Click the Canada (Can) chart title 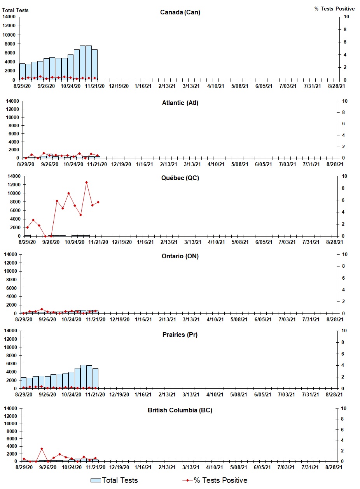pyautogui.click(x=180, y=12)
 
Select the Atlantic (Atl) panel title pyautogui.click(x=180, y=103)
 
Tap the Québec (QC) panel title pyautogui.click(x=180, y=178)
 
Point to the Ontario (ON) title pyautogui.click(x=180, y=256)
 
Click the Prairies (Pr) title pyautogui.click(x=180, y=335)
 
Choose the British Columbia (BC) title pyautogui.click(x=180, y=410)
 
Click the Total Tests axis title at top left pyautogui.click(x=15, y=10)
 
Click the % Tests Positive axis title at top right pyautogui.click(x=334, y=9)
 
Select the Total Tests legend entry pyautogui.click(x=114, y=480)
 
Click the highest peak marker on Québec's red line pyautogui.click(x=86, y=182)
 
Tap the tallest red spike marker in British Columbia pyautogui.click(x=42, y=449)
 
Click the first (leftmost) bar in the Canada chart pyautogui.click(x=22, y=72)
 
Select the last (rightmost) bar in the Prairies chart pyautogui.click(x=95, y=379)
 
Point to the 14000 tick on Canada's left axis pyautogui.click(x=9, y=17)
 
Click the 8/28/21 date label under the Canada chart pyautogui.click(x=335, y=86)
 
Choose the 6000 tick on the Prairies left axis pyautogui.click(x=10, y=363)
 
